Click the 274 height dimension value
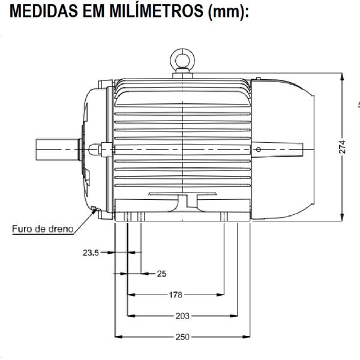click(342, 148)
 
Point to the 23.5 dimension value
click(91, 253)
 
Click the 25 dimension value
click(161, 274)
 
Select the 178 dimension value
click(175, 295)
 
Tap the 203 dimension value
click(182, 316)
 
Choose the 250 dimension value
click(182, 337)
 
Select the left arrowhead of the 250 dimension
click(118, 337)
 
